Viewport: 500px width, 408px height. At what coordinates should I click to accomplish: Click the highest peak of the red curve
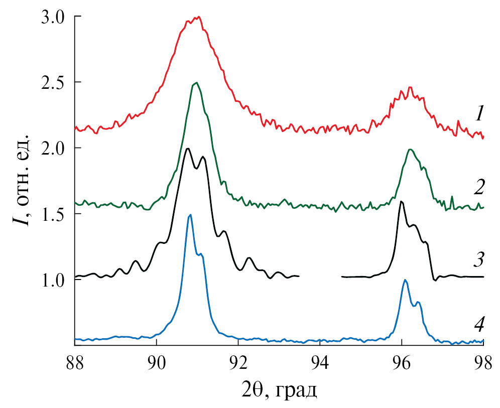point(199,17)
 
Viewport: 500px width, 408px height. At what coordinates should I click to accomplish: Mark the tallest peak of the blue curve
point(190,215)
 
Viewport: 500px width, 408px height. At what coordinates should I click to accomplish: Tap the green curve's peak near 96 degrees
point(410,150)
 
